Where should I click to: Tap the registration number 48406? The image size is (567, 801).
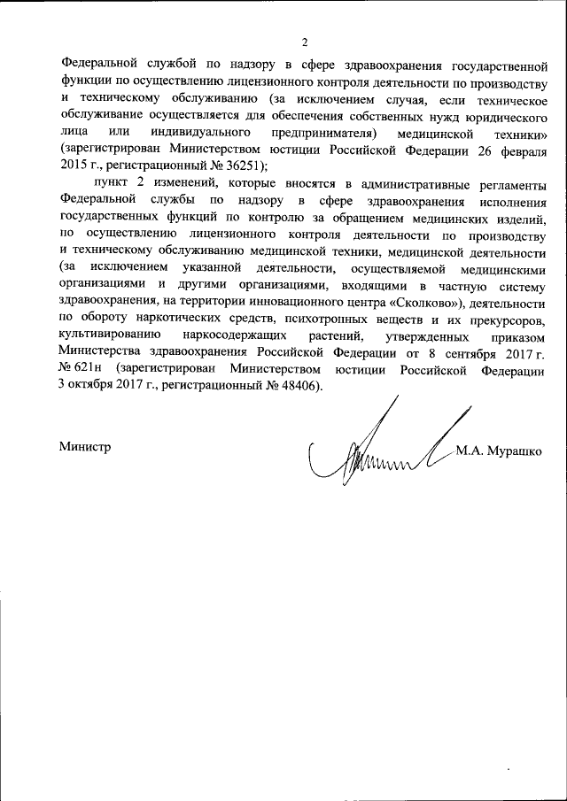coord(298,388)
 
